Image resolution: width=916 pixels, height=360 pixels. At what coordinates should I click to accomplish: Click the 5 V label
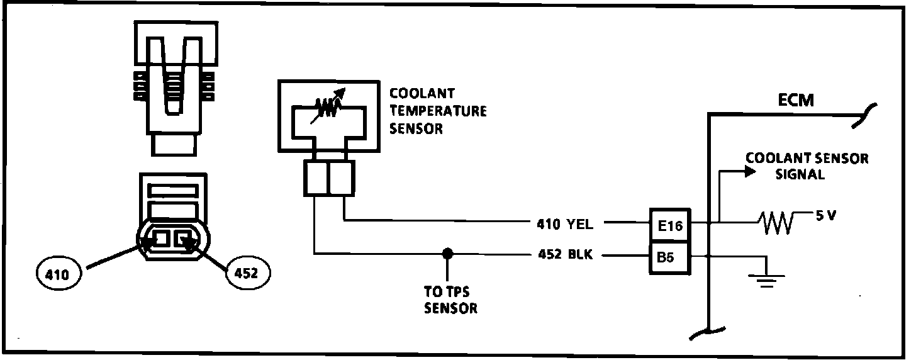[827, 215]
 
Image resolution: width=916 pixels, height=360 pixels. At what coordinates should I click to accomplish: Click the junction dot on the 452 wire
[447, 254]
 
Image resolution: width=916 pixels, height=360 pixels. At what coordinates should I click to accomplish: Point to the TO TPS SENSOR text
[450, 301]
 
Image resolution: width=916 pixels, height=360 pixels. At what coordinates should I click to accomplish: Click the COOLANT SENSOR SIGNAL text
[807, 166]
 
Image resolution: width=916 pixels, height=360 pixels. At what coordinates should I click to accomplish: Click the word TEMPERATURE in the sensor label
[438, 111]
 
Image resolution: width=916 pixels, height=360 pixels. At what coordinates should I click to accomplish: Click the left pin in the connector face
[161, 239]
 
